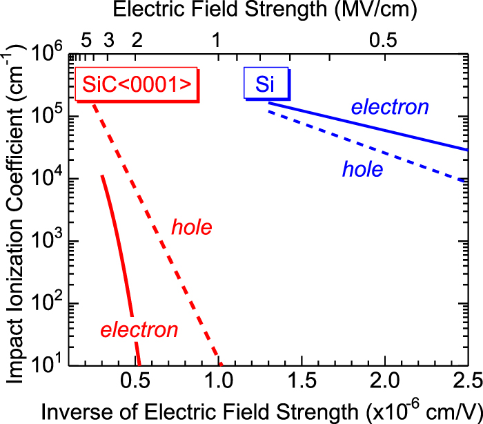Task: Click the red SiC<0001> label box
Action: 136,84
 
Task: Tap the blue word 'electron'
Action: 390,108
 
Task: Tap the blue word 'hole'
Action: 363,169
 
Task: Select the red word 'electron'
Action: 139,330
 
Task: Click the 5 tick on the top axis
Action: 86,40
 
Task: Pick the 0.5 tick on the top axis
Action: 383,40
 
